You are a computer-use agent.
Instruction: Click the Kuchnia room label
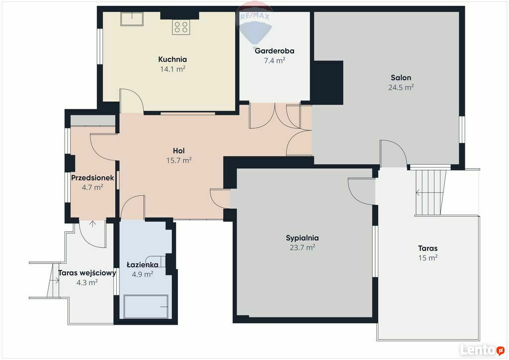tap(172, 59)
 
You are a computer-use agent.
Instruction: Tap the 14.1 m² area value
tap(172, 69)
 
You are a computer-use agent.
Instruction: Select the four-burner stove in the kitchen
tap(181, 27)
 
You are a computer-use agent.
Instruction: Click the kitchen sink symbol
tap(132, 18)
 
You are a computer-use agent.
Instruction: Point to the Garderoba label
tap(274, 51)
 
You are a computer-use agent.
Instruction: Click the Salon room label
tap(401, 78)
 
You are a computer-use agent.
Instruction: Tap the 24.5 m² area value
tap(401, 87)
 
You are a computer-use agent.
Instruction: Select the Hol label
tap(179, 151)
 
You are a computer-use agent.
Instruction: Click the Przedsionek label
tap(92, 178)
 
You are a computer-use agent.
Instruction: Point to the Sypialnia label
tap(302, 238)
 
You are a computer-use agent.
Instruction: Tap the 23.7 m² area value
tap(302, 247)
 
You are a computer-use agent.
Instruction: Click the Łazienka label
tap(143, 265)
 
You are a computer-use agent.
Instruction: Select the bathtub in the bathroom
tap(146, 306)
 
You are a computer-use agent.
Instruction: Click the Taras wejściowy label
tap(87, 273)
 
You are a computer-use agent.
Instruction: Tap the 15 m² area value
tap(428, 258)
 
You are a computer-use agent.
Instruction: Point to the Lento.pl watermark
tap(482, 350)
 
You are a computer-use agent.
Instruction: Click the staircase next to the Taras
tap(431, 192)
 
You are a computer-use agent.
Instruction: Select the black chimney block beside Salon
tap(327, 83)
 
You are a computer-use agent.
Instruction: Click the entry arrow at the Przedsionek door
tap(92, 224)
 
